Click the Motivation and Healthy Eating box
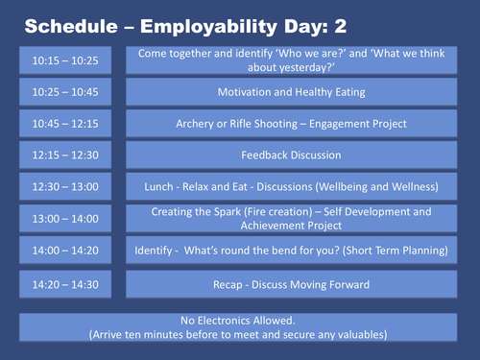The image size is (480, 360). click(290, 92)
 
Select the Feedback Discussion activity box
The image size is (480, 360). click(290, 155)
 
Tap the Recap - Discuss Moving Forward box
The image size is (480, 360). click(290, 284)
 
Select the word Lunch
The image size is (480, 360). click(158, 186)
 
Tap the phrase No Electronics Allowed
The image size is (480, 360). click(238, 320)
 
